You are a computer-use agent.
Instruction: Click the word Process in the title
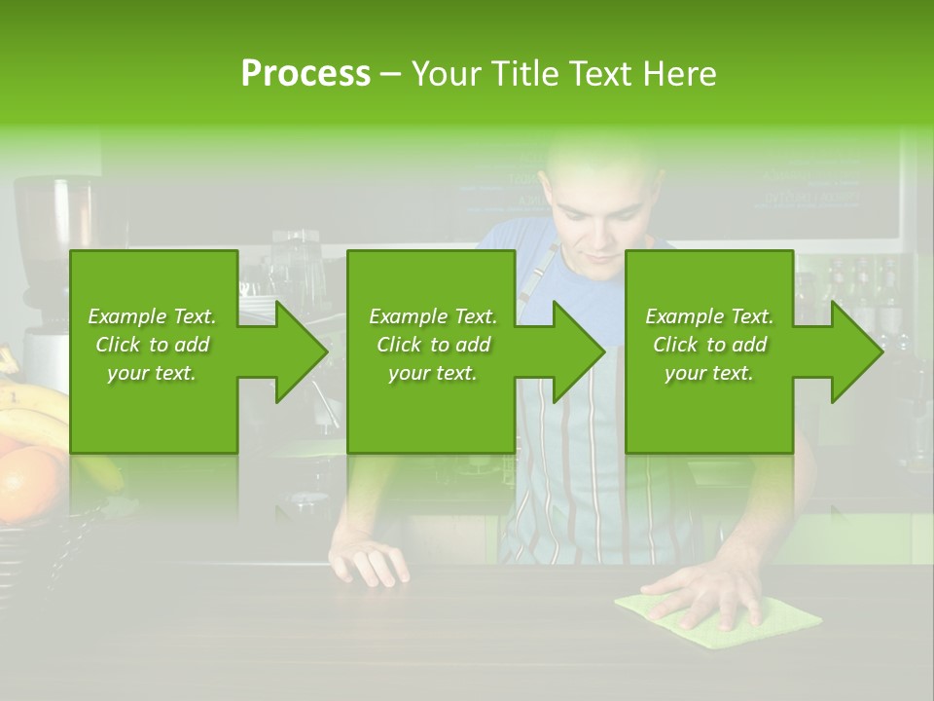point(305,74)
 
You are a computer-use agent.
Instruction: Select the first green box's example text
point(153,345)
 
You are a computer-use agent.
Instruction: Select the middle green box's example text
point(432,345)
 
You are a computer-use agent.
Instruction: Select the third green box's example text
point(708,345)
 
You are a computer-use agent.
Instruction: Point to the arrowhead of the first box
point(302,351)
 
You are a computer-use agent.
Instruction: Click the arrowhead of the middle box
point(579,351)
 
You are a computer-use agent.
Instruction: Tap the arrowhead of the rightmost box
point(857,351)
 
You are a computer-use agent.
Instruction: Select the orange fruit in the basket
point(29,482)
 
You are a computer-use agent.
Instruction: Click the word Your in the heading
point(446,74)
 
